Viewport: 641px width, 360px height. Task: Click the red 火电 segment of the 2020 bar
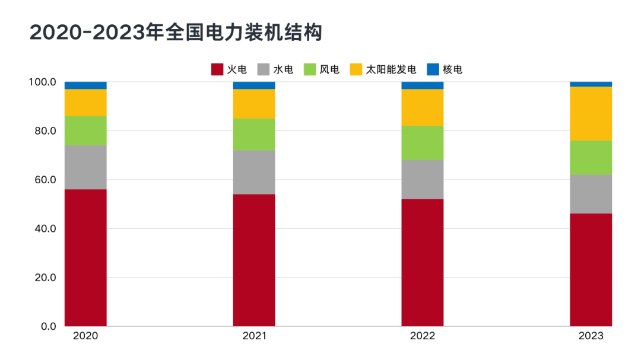coord(85,257)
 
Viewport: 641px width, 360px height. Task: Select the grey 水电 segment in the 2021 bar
coord(254,172)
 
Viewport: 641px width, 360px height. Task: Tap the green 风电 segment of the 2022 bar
coord(422,142)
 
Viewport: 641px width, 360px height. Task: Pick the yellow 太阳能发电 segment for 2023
coord(591,113)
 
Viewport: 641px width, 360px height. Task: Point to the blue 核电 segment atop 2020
coord(85,85)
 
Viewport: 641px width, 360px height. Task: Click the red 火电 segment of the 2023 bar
coord(591,270)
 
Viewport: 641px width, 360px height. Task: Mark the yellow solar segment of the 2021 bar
coord(254,104)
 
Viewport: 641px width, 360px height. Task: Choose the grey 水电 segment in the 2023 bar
coord(591,194)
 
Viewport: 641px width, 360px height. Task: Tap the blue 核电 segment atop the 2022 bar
coord(422,85)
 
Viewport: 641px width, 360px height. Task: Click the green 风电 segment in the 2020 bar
coord(85,130)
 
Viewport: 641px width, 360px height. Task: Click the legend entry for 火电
coord(229,69)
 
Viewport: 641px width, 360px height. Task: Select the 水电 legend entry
coord(275,69)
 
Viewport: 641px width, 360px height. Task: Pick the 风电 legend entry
coord(322,69)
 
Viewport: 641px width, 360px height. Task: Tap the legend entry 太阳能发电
coord(383,69)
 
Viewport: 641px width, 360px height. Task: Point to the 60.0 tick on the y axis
coord(43,180)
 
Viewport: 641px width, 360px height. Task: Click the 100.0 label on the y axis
coord(42,82)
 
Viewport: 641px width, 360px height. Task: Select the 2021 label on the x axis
coord(254,336)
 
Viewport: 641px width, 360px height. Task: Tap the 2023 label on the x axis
coord(591,336)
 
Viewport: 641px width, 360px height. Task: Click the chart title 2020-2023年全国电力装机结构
coord(176,33)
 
